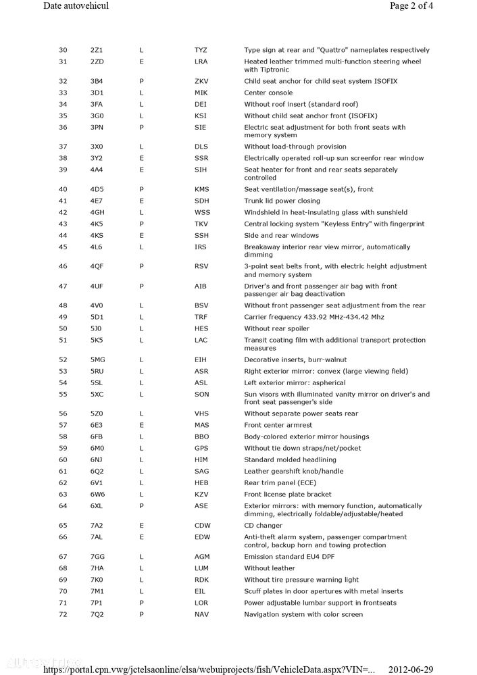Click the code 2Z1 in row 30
click(x=97, y=50)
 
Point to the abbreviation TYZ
click(x=201, y=50)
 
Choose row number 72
click(x=63, y=614)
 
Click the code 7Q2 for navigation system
click(x=97, y=614)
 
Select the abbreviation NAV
click(x=202, y=614)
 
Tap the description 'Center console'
click(x=268, y=93)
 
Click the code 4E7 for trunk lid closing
click(x=97, y=201)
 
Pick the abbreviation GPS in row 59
click(x=201, y=448)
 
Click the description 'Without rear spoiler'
click(x=276, y=328)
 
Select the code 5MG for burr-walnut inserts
click(x=98, y=359)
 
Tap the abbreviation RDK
click(x=201, y=580)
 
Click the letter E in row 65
click(x=142, y=525)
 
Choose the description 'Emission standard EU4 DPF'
click(x=289, y=556)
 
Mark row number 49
click(x=63, y=317)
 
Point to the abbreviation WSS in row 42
click(x=202, y=212)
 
